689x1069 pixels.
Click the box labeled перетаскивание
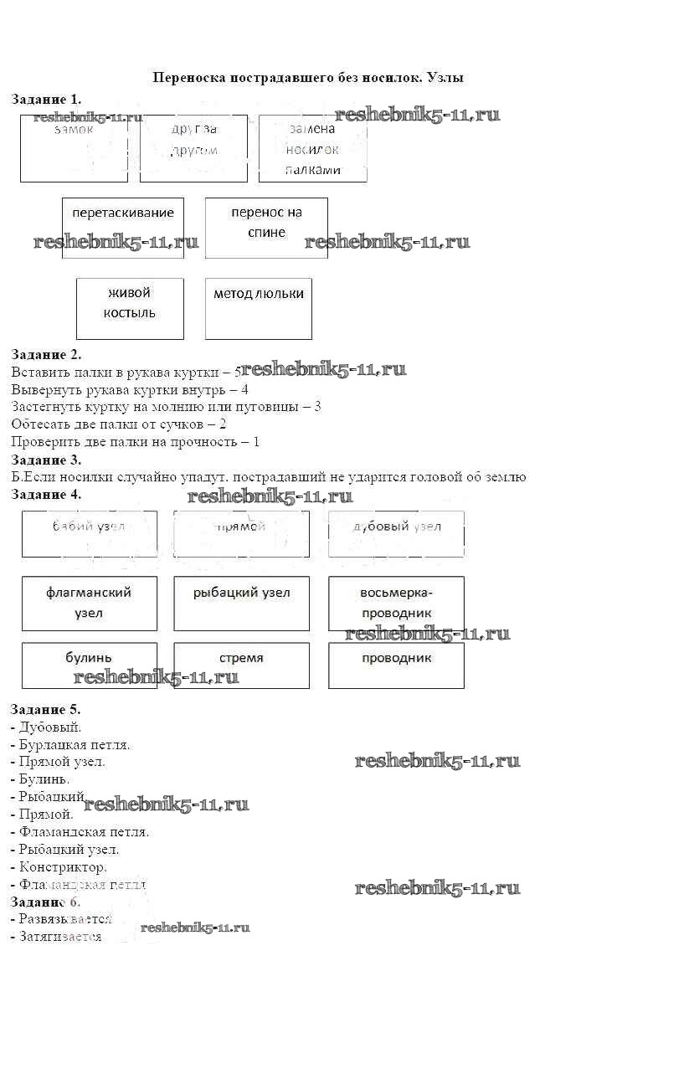pos(123,228)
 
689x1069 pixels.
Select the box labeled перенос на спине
pos(266,228)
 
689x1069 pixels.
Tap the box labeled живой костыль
pos(130,308)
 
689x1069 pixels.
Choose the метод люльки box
pos(258,308)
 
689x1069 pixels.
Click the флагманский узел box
pos(89,603)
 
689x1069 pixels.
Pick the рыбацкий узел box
pos(241,603)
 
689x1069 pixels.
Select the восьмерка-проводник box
pos(396,603)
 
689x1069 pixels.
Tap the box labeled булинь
pos(89,665)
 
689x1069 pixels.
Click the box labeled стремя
pos(241,665)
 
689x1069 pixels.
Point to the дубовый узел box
pos(396,533)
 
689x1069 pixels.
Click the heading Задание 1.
pos(46,99)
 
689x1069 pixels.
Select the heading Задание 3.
pos(46,460)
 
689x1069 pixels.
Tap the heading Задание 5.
pos(46,710)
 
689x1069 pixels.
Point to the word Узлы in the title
pos(445,78)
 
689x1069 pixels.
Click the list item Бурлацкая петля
pos(75,744)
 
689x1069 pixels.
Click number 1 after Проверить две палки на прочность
pos(256,441)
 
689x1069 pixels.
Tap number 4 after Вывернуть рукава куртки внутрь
pos(244,389)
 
